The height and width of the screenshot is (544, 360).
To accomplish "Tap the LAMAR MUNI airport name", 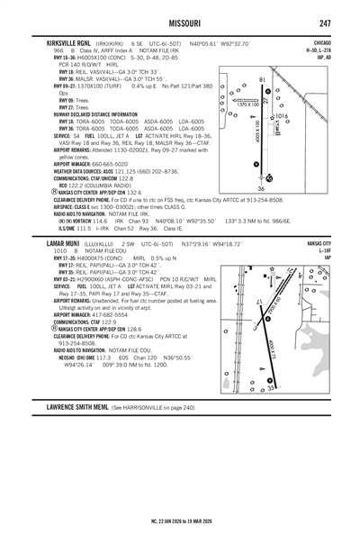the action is [64, 243].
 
